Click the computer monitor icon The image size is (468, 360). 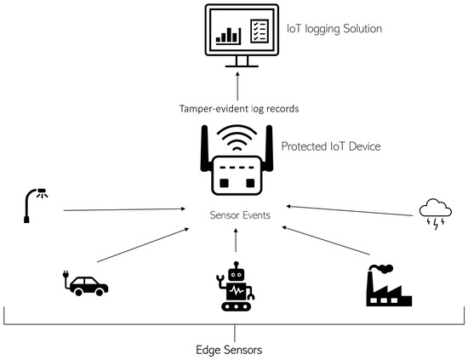coord(242,35)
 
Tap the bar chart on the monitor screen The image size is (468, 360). coord(228,36)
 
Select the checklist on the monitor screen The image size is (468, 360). coord(260,31)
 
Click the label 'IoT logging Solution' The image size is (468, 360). coord(334,29)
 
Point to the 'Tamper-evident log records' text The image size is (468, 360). coord(239,109)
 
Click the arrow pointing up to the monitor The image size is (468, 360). coord(237,86)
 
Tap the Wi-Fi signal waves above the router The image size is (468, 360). coord(237,137)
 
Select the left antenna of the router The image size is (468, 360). coord(204,148)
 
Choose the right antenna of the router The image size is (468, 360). coord(269,148)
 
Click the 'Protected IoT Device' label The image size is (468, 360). coord(331,146)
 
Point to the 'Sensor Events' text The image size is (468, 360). coord(240,215)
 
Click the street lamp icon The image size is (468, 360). coord(35,205)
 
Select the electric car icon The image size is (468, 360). coord(86,283)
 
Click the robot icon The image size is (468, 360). coord(236,287)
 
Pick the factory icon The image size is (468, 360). coord(389,286)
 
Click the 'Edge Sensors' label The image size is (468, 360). coord(229,350)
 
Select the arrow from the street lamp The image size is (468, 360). coord(124,209)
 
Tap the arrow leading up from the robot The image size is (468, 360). coord(236,240)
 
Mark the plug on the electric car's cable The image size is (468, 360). coord(66,274)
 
